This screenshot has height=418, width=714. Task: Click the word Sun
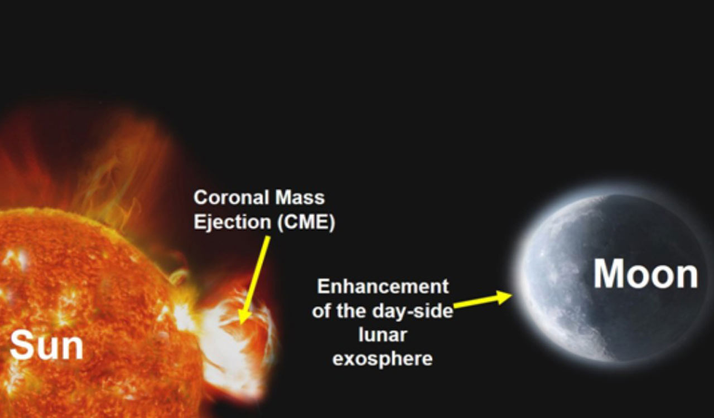click(x=47, y=346)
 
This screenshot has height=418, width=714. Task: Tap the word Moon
click(x=645, y=274)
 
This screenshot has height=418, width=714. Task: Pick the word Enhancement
click(x=383, y=286)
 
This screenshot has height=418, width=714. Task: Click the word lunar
click(x=383, y=334)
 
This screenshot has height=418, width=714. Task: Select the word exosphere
click(x=383, y=359)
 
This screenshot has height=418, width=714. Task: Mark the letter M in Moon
click(x=609, y=274)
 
